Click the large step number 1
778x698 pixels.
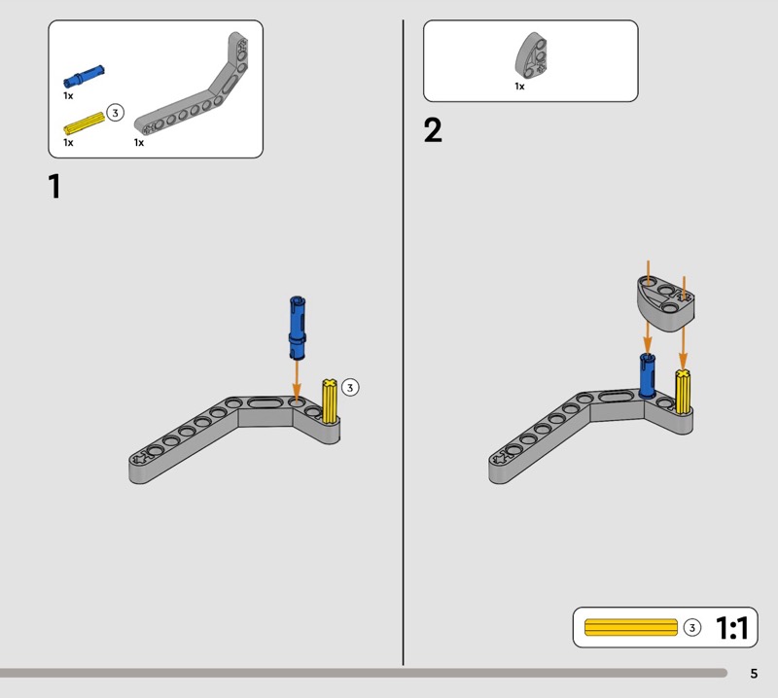tap(54, 187)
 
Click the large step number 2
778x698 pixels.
tap(433, 130)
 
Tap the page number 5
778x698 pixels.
tap(754, 673)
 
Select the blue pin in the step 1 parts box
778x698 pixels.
tap(84, 77)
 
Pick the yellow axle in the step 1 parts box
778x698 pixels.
tap(85, 123)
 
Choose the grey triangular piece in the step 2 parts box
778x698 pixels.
tap(531, 55)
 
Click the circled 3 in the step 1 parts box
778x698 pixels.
tap(115, 113)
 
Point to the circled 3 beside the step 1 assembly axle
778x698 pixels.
tap(350, 387)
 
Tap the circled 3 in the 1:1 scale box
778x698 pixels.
tap(692, 628)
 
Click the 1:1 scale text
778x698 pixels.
tap(732, 628)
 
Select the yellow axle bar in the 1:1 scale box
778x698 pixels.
tap(630, 627)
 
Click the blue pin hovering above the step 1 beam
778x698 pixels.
tap(298, 328)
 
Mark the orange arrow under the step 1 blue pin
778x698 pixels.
tap(297, 380)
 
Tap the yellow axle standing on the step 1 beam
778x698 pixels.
tap(330, 401)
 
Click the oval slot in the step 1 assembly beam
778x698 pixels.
tap(265, 402)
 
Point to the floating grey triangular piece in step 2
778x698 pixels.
tap(665, 302)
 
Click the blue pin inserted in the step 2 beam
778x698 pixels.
tap(647, 375)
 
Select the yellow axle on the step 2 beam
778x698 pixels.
tap(684, 392)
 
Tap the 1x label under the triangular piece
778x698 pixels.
tap(519, 87)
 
